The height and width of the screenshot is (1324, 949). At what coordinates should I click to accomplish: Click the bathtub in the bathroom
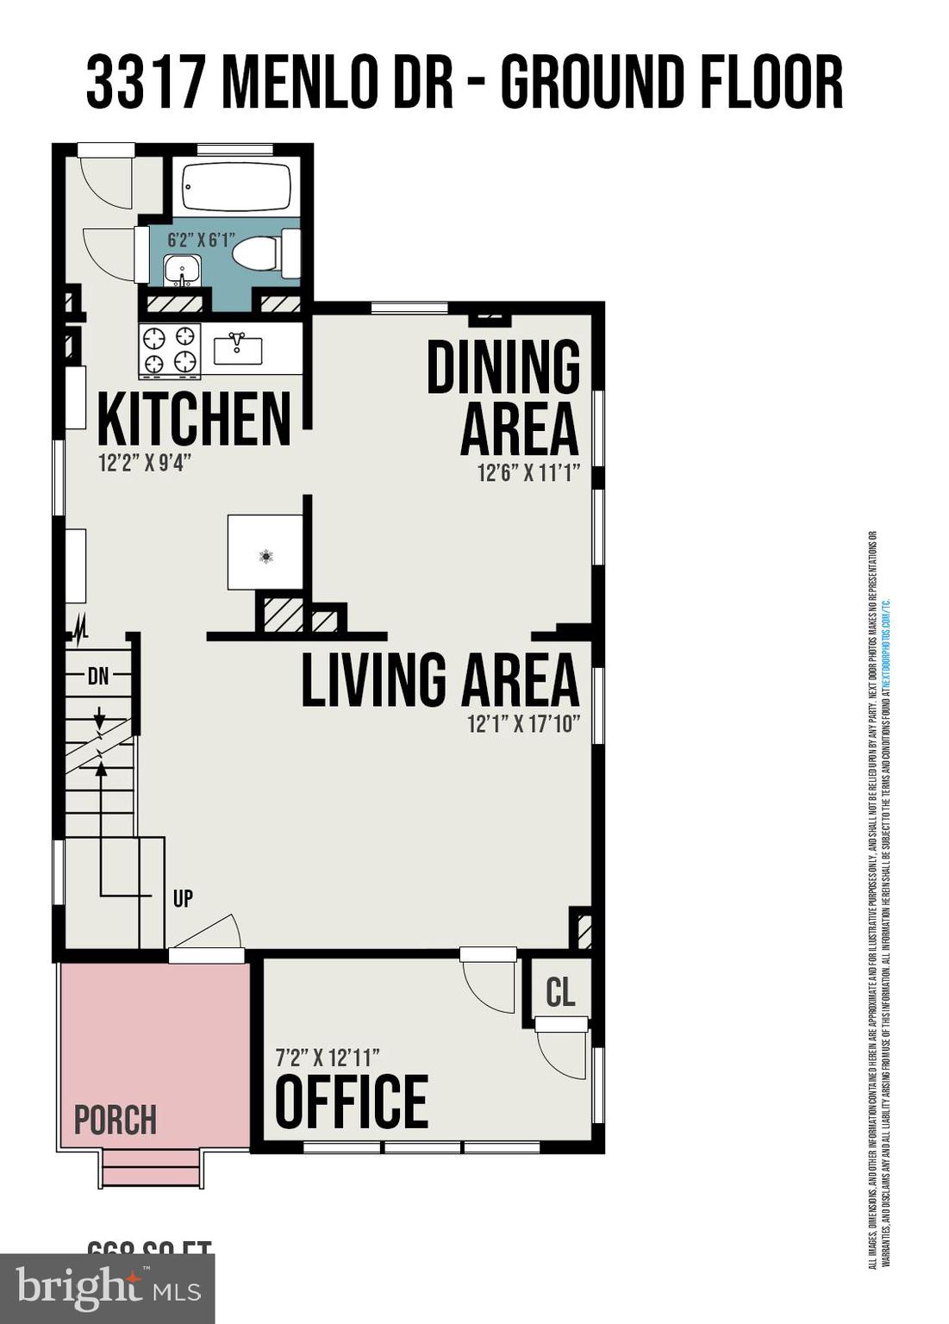(x=235, y=187)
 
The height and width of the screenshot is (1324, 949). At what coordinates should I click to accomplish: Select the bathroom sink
(x=182, y=269)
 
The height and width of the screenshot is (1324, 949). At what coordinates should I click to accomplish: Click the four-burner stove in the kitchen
(x=170, y=350)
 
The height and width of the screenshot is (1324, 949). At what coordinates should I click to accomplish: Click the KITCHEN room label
(x=194, y=419)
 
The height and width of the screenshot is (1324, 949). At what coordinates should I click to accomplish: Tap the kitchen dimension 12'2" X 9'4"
(x=144, y=463)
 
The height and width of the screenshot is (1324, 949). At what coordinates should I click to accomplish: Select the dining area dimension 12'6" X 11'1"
(x=528, y=473)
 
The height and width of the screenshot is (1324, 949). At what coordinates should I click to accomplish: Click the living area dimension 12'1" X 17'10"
(x=523, y=724)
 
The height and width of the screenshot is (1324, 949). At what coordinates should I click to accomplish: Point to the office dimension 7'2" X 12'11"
(x=328, y=1056)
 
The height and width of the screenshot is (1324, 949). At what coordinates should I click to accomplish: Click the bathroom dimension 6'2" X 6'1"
(x=201, y=240)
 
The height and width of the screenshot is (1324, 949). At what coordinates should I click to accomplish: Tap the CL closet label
(x=560, y=992)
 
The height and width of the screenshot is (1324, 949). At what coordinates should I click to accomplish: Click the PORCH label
(x=116, y=1120)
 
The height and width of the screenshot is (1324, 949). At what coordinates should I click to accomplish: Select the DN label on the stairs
(x=98, y=677)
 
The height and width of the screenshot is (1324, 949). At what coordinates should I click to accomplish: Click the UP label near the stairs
(x=183, y=898)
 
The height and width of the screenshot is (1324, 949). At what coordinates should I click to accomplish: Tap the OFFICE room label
(x=352, y=1102)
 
